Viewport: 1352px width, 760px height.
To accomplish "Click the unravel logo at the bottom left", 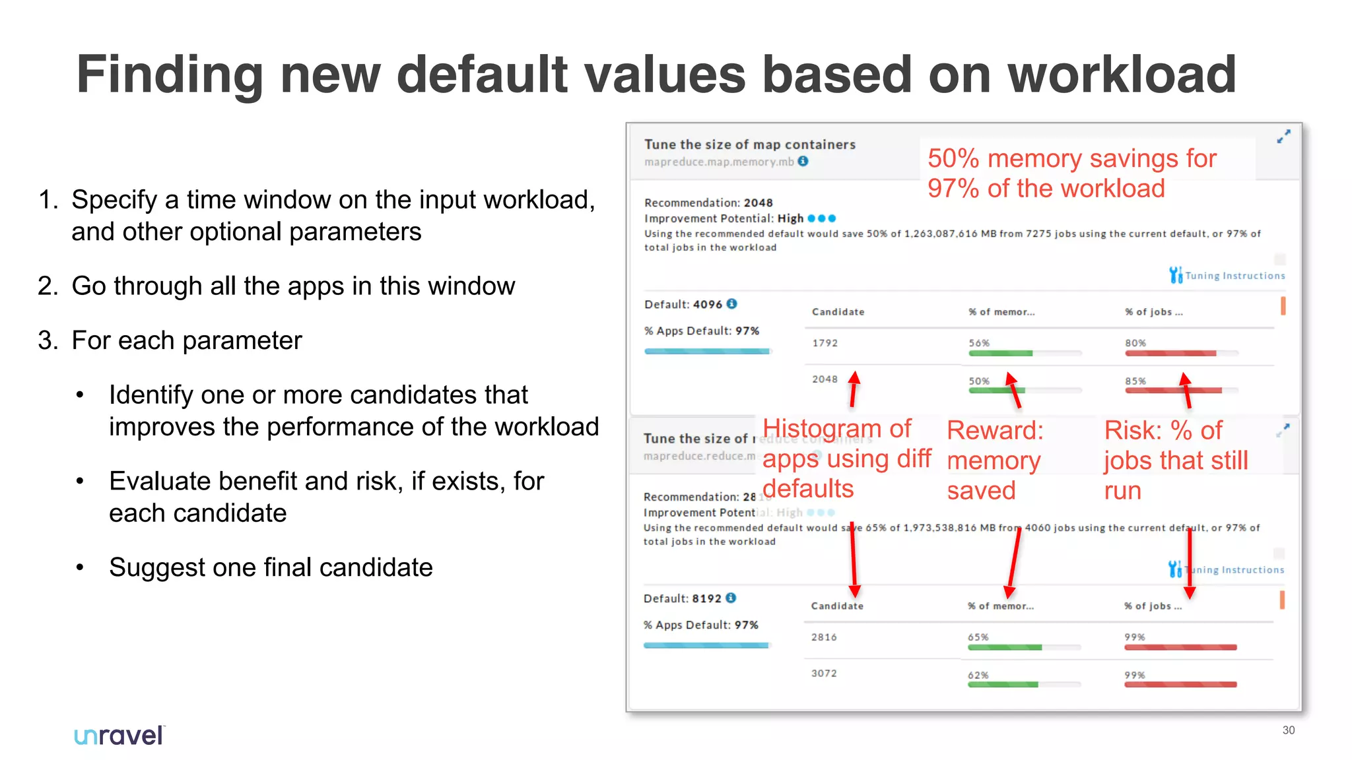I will click(119, 735).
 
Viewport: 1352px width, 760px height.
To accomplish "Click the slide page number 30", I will click(1288, 730).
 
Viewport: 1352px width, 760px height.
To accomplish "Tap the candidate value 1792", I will click(825, 343).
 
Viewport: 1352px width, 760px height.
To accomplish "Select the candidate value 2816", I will click(824, 637).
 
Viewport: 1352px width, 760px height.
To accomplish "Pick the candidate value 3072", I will click(824, 674).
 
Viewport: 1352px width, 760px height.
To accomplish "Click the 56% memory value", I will click(979, 343).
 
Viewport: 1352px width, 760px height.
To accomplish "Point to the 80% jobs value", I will click(1135, 343).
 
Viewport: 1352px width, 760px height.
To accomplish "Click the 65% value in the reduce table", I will click(978, 637).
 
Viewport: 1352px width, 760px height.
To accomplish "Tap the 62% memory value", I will click(978, 675).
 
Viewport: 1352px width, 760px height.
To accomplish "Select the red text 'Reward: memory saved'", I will click(995, 460).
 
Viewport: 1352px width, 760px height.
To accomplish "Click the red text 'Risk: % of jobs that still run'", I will click(1175, 460).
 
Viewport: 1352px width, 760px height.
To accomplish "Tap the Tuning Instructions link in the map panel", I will click(1234, 276).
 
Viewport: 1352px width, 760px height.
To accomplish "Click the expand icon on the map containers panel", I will click(1283, 137).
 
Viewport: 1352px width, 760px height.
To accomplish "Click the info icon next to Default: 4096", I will click(731, 304).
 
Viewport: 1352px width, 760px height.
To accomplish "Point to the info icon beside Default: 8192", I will click(731, 598).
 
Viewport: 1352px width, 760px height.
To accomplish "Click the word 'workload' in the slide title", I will click(1122, 75).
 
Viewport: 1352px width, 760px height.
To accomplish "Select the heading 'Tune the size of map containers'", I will click(750, 144).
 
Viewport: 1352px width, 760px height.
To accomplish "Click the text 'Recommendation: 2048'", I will click(708, 203).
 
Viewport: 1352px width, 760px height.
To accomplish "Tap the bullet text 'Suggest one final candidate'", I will click(271, 567).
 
